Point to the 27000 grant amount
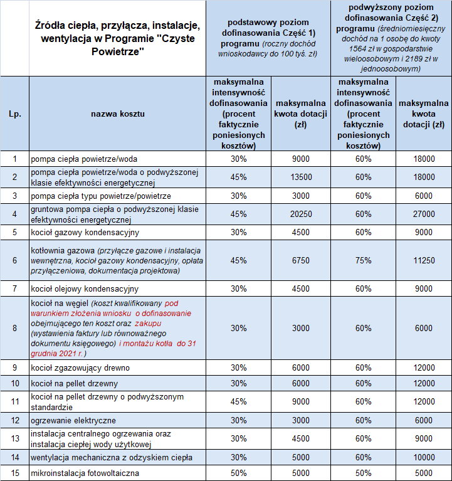[x=424, y=214]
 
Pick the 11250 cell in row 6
[x=424, y=260]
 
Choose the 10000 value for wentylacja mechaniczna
[x=424, y=458]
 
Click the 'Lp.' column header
[x=14, y=114]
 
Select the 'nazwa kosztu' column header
[x=118, y=114]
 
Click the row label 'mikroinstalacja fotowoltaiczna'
[x=85, y=473]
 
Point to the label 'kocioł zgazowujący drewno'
[x=80, y=367]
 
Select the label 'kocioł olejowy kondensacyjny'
[x=84, y=289]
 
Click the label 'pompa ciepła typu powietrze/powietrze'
[x=100, y=196]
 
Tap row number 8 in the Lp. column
[x=14, y=328]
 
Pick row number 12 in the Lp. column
[x=14, y=420]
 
